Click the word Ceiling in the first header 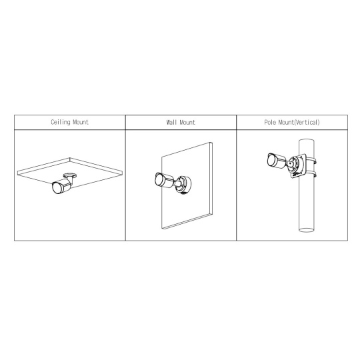pos(61,122)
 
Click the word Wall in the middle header pos(172,122)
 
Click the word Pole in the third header pos(270,122)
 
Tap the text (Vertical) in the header pos(307,122)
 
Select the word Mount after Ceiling pos(81,122)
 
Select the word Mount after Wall pos(187,122)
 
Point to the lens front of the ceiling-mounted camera pos(56,187)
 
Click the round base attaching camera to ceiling pos(70,175)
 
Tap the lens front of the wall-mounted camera pos(158,179)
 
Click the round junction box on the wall pos(184,184)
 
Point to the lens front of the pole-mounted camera pos(271,159)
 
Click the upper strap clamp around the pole pos(311,160)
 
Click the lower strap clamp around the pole pos(311,173)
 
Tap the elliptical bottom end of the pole pos(306,229)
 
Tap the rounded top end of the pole pos(306,140)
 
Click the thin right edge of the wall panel pos(211,179)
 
